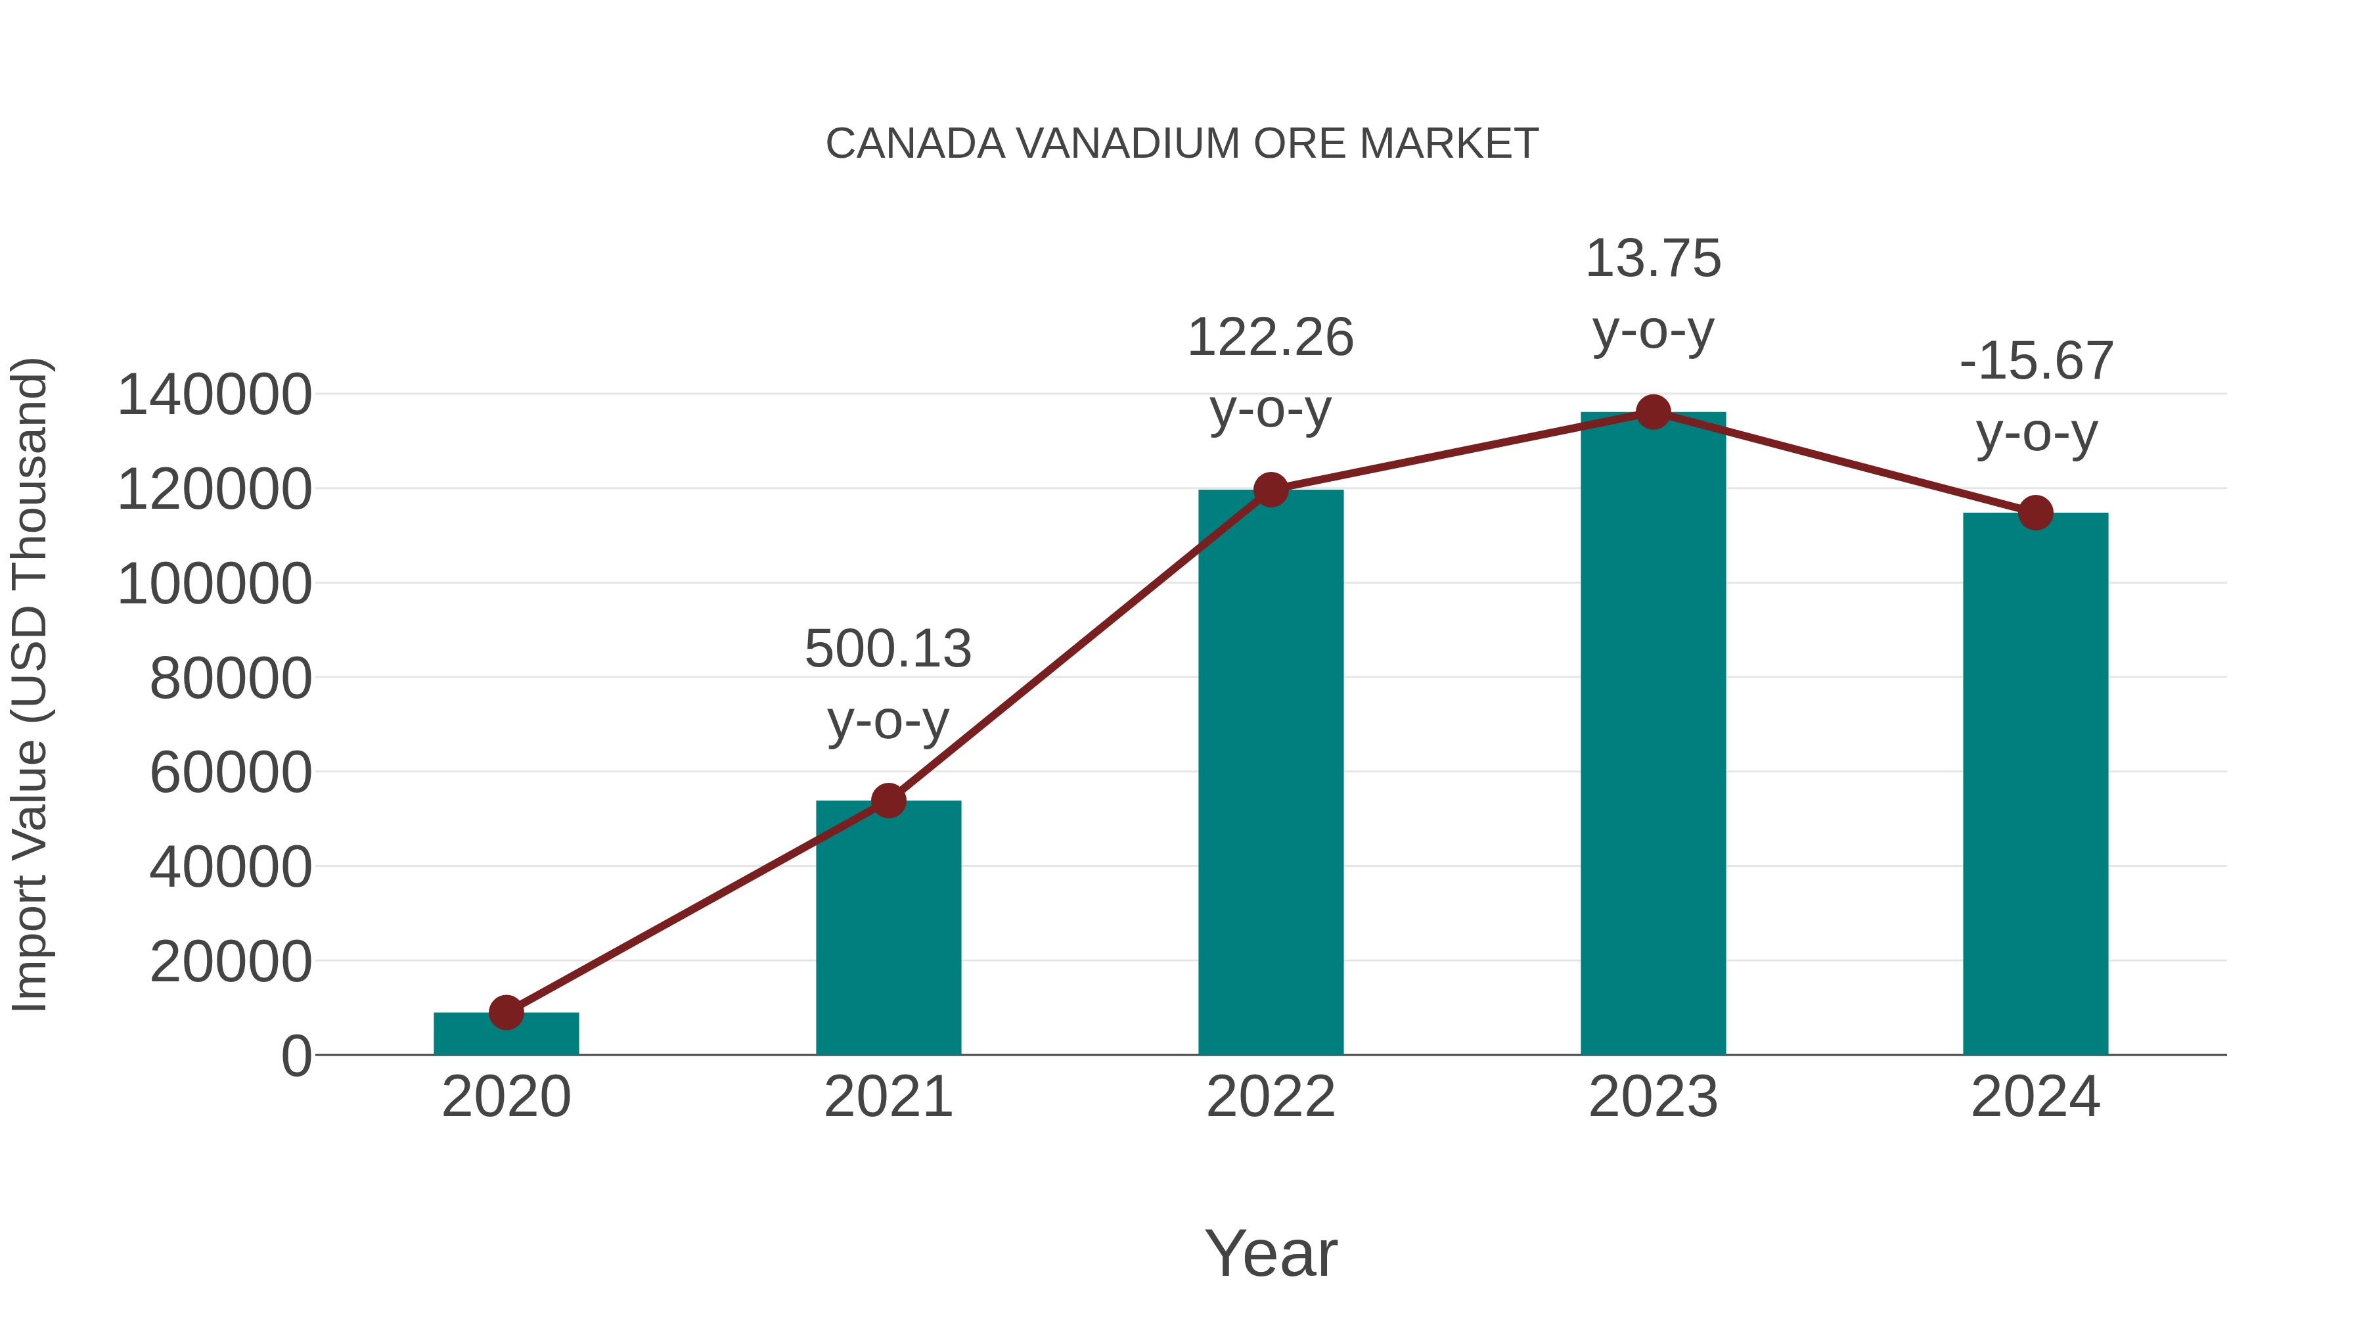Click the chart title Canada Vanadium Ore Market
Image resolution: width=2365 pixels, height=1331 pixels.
1182,144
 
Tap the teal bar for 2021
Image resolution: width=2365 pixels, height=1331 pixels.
888,927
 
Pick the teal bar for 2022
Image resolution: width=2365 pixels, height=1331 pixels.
1271,772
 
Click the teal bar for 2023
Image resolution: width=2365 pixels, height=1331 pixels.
1653,735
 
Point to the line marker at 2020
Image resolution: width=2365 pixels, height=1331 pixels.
506,1012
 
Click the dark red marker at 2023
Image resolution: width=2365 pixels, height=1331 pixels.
1653,412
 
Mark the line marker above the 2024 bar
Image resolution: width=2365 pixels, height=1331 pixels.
2035,513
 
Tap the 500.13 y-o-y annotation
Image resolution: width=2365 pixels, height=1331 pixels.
888,684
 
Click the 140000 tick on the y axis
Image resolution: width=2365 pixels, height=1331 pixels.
215,395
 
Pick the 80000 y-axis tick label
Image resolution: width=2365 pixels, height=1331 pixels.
231,679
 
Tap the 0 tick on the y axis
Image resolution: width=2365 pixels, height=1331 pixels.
296,1056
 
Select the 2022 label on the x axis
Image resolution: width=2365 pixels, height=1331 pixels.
1271,1097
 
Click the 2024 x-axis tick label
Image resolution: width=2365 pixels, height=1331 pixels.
2035,1097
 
